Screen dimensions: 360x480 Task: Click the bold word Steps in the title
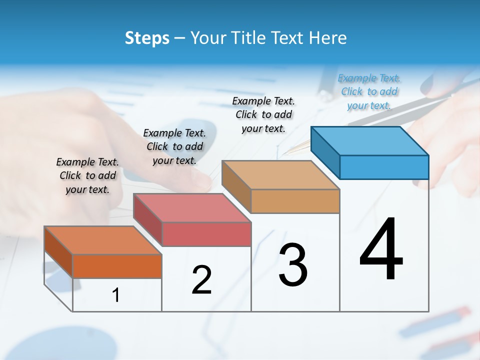[147, 38]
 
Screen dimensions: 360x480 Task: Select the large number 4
[381, 249]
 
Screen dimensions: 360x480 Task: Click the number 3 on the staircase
[293, 265]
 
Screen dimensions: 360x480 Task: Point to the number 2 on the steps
[201, 280]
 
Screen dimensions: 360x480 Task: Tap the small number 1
[116, 295]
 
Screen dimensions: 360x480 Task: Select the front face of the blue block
[384, 167]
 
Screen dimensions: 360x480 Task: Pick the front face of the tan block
[295, 201]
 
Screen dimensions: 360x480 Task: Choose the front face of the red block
[206, 234]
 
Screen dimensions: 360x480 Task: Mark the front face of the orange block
[117, 266]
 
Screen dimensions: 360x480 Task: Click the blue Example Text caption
[369, 91]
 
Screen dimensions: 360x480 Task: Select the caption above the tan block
[263, 114]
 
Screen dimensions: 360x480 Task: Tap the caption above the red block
[174, 146]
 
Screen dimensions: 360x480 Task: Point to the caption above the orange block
[87, 175]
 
